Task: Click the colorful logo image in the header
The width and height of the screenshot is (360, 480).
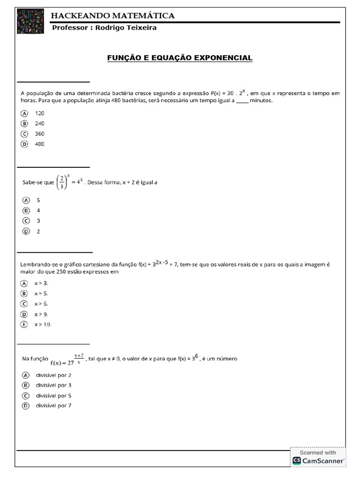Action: coord(30,21)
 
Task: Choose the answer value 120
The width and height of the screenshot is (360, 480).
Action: coord(39,113)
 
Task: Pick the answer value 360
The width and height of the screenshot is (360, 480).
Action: coord(39,134)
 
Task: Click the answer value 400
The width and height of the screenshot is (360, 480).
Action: coord(39,144)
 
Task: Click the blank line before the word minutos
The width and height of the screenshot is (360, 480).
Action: coord(242,100)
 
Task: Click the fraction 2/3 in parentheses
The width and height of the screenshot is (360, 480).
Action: coord(62,182)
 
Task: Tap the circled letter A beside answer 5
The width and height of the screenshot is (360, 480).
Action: coord(26,200)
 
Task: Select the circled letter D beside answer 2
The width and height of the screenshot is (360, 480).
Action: coord(26,231)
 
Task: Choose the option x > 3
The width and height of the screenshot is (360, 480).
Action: coord(41,283)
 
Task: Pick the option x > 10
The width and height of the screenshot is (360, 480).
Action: coord(43,324)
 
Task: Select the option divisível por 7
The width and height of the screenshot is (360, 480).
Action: coord(53,405)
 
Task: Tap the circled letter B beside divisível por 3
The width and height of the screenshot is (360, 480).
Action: coord(25,385)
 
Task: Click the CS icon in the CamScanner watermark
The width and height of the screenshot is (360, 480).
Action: coord(297,461)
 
